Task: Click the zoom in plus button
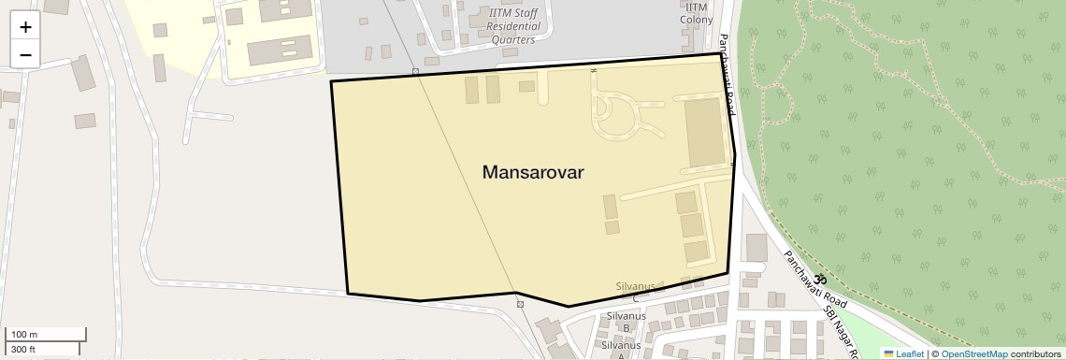[25, 26]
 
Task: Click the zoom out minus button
[25, 54]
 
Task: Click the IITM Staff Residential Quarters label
[513, 26]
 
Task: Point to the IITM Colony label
[697, 12]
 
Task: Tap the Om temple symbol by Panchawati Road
[820, 279]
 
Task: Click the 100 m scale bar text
[24, 335]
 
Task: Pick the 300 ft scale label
[23, 350]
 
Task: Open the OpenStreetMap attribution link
[973, 353]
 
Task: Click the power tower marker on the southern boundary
[520, 304]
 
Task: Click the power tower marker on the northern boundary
[415, 72]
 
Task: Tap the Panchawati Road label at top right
[727, 75]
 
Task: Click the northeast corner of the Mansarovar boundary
[719, 54]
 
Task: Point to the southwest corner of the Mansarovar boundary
[348, 293]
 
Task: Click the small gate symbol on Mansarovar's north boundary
[593, 70]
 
